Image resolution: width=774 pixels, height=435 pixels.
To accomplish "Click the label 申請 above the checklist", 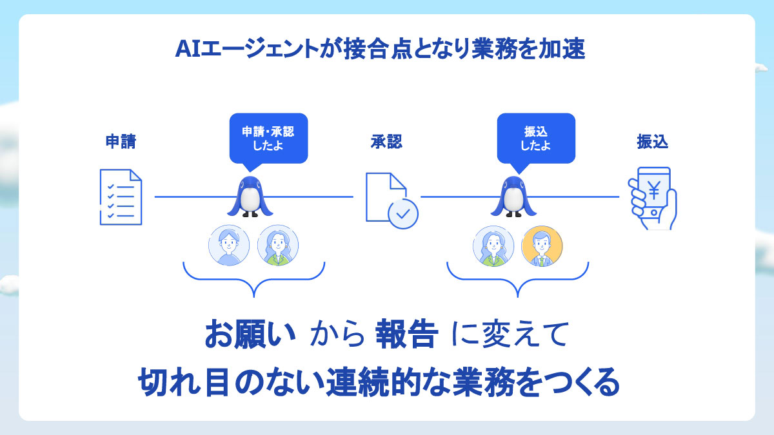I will pyautogui.click(x=121, y=142).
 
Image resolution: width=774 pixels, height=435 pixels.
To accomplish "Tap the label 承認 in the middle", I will pyautogui.click(x=386, y=142).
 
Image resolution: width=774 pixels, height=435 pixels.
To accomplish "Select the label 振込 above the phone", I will pyautogui.click(x=652, y=142).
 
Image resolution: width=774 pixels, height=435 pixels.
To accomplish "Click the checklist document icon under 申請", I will pyautogui.click(x=121, y=197).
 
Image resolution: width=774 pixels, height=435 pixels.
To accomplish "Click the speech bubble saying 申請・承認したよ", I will pyautogui.click(x=268, y=137).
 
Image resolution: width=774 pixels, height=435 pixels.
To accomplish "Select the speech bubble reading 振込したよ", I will pyautogui.click(x=535, y=137).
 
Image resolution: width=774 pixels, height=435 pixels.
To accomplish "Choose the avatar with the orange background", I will pyautogui.click(x=542, y=246).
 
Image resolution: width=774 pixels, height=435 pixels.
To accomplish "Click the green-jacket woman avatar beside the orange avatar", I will pyautogui.click(x=493, y=246).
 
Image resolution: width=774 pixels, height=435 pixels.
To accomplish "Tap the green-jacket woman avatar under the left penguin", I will pyautogui.click(x=278, y=246).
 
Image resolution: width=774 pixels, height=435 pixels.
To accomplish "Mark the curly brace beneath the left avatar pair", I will pyautogui.click(x=253, y=280).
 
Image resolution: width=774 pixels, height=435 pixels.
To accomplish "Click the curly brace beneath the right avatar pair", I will pyautogui.click(x=518, y=280).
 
